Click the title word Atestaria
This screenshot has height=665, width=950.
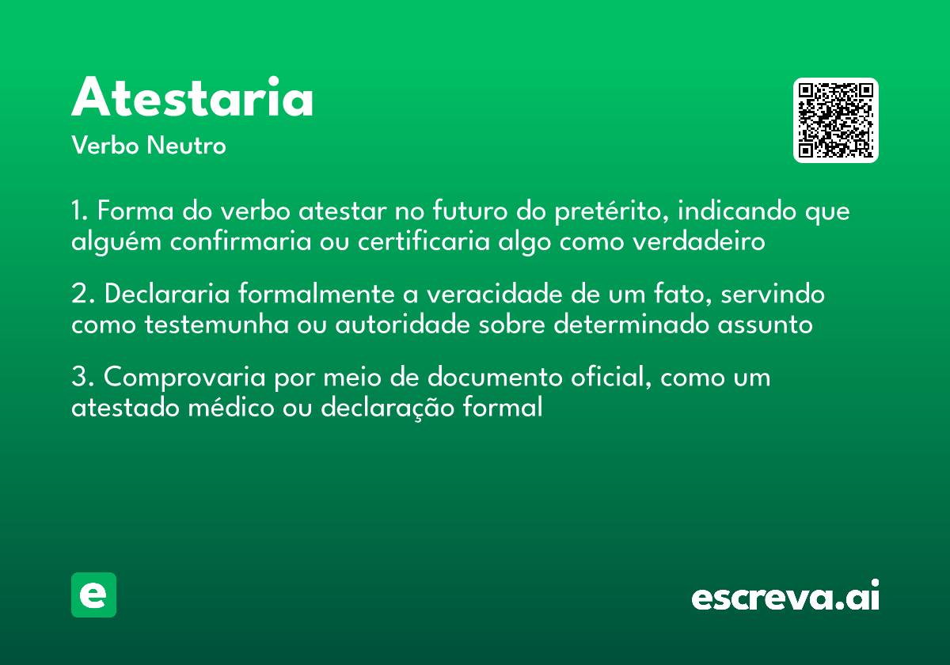pyautogui.click(x=192, y=98)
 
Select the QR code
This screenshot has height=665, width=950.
pyautogui.click(x=836, y=120)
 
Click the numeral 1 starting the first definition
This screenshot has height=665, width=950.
pyautogui.click(x=77, y=212)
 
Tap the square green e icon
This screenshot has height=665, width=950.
pyautogui.click(x=93, y=595)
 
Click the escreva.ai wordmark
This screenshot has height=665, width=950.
pyautogui.click(x=785, y=597)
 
